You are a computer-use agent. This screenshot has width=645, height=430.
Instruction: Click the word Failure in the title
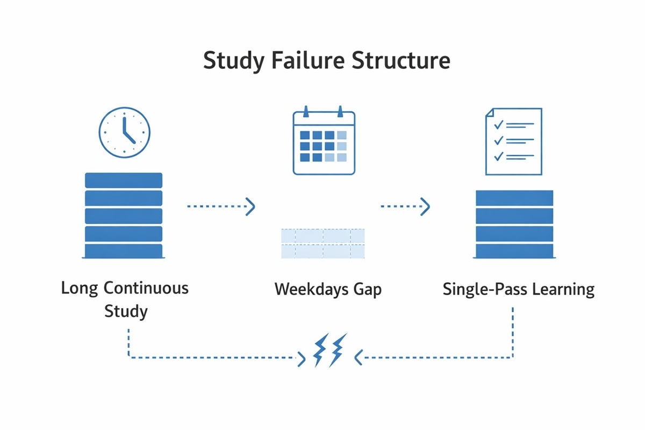(308, 61)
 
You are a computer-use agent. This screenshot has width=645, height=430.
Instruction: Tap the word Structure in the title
(401, 61)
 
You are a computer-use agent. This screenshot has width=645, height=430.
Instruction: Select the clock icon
(124, 132)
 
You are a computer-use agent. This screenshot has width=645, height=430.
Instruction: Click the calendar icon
(324, 140)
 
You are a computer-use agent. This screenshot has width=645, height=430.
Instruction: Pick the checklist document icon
(514, 141)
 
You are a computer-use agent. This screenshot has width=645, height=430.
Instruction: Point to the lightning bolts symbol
(330, 350)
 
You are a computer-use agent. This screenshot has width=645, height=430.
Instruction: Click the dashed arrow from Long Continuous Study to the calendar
(221, 206)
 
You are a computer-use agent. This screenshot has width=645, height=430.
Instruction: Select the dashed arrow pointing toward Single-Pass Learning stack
(405, 206)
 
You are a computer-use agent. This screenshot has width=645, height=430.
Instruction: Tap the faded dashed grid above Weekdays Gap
(323, 243)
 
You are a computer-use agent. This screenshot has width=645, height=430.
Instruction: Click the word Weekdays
(311, 289)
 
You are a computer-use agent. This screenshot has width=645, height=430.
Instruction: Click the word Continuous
(146, 288)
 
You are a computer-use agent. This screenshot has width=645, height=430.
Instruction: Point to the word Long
(80, 289)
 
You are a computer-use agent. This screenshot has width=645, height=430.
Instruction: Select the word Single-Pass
(485, 289)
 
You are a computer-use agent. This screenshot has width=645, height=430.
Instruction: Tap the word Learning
(563, 290)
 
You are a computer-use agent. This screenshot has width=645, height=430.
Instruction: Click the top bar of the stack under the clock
(124, 180)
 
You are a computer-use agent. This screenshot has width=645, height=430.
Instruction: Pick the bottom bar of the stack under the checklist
(514, 251)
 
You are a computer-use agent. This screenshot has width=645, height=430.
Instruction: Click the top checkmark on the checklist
(498, 125)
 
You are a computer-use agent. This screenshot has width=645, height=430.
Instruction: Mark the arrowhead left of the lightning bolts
(302, 359)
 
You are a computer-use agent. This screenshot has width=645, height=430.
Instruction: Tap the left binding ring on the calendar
(306, 111)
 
